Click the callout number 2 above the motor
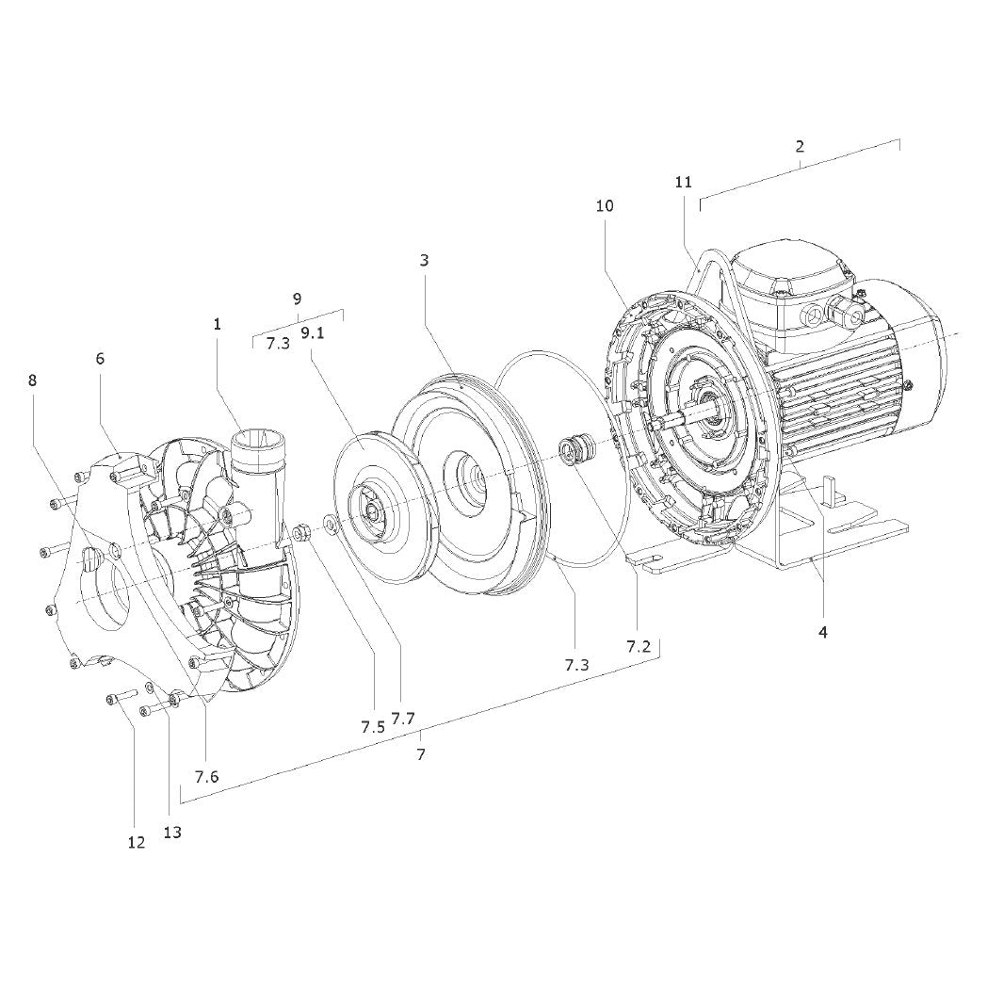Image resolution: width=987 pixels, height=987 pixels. pyautogui.click(x=800, y=147)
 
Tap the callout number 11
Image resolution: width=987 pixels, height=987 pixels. pyautogui.click(x=684, y=182)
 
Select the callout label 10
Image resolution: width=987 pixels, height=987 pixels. pyautogui.click(x=605, y=206)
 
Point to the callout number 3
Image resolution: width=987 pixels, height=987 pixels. pyautogui.click(x=424, y=260)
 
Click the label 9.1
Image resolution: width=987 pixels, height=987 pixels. pyautogui.click(x=313, y=333)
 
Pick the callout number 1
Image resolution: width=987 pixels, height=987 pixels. pyautogui.click(x=218, y=324)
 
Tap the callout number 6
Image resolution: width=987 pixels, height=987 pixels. pyautogui.click(x=100, y=358)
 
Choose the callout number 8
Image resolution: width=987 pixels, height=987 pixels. pyautogui.click(x=33, y=380)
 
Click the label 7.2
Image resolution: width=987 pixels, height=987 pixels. pyautogui.click(x=639, y=646)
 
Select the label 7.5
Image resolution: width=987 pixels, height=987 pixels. pyautogui.click(x=373, y=727)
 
